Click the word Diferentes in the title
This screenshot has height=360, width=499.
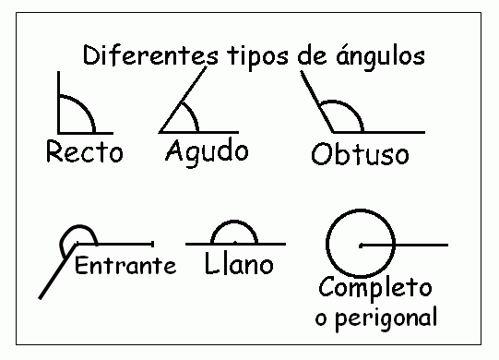point(150,55)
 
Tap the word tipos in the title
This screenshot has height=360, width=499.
point(258,56)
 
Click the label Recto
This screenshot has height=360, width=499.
point(84,151)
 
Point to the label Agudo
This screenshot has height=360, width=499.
point(207,153)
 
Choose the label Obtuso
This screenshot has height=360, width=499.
point(360,153)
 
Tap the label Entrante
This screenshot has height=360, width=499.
point(125,265)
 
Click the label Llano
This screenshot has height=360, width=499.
point(239,263)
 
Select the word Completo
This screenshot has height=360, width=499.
point(375,287)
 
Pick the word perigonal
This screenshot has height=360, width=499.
point(386,318)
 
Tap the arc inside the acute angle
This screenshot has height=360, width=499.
point(193,114)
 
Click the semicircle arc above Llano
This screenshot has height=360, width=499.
point(234,221)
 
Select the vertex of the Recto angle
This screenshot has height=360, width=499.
point(58,133)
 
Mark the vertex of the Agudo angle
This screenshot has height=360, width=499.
point(160,132)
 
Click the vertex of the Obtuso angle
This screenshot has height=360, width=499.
point(333,132)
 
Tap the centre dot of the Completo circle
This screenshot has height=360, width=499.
point(361,246)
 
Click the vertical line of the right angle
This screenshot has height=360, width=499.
point(58,102)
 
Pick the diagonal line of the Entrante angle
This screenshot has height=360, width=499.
point(57,271)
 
